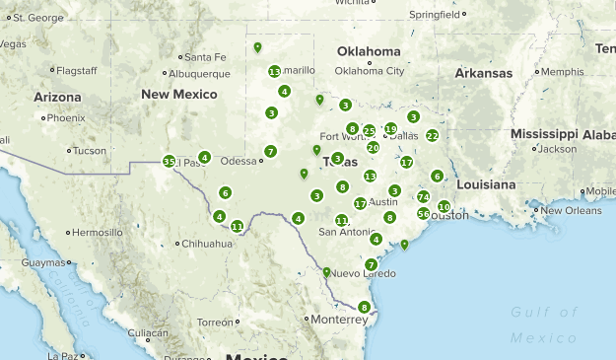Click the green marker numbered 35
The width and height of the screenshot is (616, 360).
(170, 161)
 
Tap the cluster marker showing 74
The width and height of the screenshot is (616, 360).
(423, 197)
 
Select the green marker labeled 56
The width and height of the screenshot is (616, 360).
(423, 213)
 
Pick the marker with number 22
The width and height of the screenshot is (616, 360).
(432, 135)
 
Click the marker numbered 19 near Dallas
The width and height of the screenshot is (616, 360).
(390, 129)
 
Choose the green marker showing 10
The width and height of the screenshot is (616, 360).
(444, 206)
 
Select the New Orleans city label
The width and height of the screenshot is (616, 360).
(571, 210)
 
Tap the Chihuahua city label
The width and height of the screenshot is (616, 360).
(206, 243)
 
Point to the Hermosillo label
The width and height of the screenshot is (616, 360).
(97, 232)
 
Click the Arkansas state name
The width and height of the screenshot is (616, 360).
(483, 73)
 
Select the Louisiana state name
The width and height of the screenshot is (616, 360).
(486, 184)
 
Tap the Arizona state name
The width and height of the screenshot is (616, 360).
(57, 97)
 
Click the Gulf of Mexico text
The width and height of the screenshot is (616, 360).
(543, 324)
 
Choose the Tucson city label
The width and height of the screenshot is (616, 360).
(89, 151)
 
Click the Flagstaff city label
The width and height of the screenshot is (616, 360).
(76, 71)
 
